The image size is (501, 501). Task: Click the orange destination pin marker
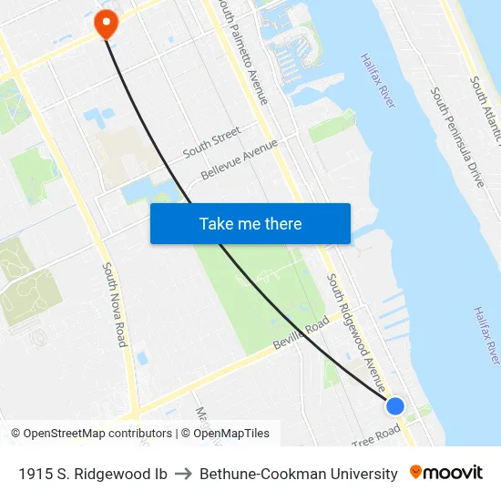(x=107, y=23)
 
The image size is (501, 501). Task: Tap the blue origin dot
(x=394, y=405)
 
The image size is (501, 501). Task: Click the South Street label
(x=211, y=141)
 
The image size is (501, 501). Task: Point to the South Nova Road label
(x=114, y=304)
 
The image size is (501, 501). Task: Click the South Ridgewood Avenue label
(x=356, y=332)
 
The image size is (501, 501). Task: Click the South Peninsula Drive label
(x=457, y=137)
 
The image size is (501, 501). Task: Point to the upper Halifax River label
(x=377, y=80)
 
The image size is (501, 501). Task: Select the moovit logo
(x=446, y=473)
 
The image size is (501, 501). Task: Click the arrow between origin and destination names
(x=183, y=474)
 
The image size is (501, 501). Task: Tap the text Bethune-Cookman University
(x=299, y=474)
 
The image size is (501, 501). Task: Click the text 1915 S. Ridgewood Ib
(x=92, y=474)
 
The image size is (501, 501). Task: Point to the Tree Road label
(x=376, y=435)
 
